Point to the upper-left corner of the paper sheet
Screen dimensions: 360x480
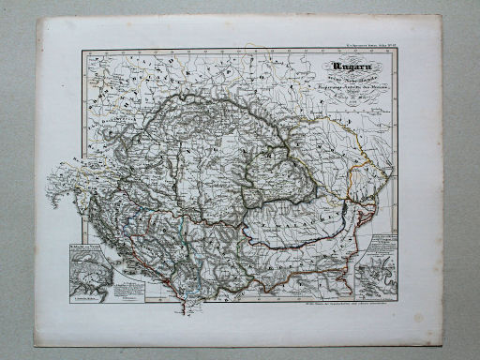37,17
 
